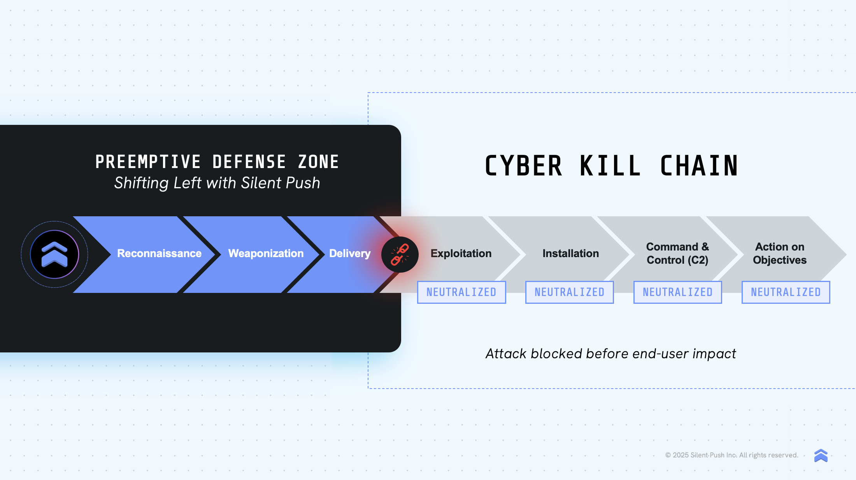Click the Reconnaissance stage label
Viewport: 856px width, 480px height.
click(x=159, y=254)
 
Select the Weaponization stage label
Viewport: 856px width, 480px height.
click(x=266, y=254)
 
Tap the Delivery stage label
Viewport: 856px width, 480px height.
click(x=350, y=254)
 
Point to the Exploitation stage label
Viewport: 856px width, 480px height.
click(x=461, y=254)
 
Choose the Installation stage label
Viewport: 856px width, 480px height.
click(x=570, y=254)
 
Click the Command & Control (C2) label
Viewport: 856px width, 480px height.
click(x=677, y=253)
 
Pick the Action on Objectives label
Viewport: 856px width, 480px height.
click(x=780, y=253)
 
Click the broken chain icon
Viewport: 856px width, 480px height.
click(x=400, y=255)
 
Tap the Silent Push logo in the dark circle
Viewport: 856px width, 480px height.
click(x=54, y=254)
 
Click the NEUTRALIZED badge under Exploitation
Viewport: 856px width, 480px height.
click(x=461, y=292)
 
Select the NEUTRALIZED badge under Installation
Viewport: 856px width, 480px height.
click(x=570, y=292)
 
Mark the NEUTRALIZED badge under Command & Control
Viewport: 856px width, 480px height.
click(x=678, y=292)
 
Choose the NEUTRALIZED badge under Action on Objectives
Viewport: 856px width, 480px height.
click(x=786, y=292)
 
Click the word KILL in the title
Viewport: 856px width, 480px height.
click(x=610, y=166)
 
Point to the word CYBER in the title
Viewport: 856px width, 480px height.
click(x=524, y=166)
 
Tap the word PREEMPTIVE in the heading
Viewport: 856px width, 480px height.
click(x=148, y=162)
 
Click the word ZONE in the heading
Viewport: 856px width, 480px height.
click(x=318, y=162)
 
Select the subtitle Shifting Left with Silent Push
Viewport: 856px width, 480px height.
click(x=217, y=183)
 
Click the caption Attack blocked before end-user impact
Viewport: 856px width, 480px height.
click(x=611, y=354)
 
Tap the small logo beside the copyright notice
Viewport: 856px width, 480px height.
click(x=821, y=455)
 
